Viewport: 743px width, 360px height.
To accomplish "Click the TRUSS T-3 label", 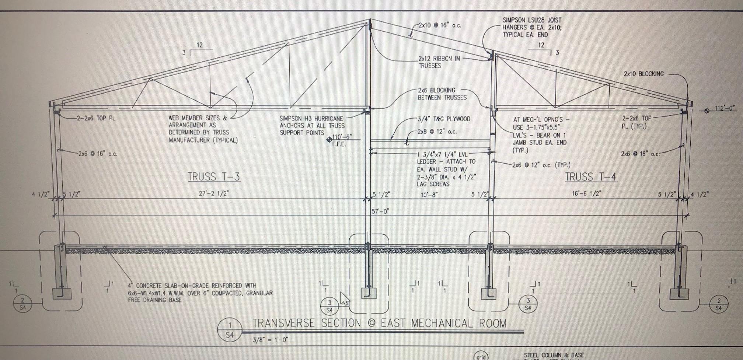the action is (x=214, y=177).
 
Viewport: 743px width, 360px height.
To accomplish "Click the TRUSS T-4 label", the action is (x=591, y=177).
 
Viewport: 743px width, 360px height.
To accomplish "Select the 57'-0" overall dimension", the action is (x=380, y=212).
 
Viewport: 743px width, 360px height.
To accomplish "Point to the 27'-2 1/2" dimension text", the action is (x=214, y=193).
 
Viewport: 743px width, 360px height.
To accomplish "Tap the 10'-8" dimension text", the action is (x=429, y=195).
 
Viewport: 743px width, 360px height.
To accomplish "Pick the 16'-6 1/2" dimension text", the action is (x=587, y=193).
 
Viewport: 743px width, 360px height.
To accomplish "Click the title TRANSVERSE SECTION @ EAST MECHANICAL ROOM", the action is (x=379, y=323).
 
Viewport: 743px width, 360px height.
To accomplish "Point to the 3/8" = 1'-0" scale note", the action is (x=270, y=339).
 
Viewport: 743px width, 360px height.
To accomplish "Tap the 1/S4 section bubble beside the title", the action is (x=230, y=330).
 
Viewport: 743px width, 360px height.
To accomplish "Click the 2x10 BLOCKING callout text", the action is (x=643, y=74).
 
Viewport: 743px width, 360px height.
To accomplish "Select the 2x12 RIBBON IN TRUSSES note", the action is (x=439, y=62).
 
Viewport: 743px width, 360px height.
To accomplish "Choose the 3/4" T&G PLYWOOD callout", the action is (x=444, y=119).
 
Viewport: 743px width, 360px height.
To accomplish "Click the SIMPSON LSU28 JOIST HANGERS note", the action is (x=532, y=27).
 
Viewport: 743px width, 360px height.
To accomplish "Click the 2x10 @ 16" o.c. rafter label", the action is (x=440, y=25).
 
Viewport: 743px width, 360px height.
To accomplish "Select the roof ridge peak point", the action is (x=370, y=20).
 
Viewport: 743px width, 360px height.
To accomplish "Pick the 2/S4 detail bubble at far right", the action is (x=718, y=304).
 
